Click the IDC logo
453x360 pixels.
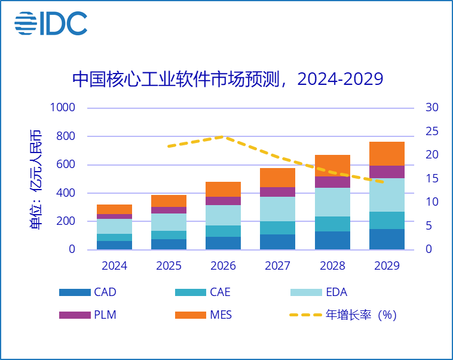pos(51,23)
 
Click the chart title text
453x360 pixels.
pos(227,79)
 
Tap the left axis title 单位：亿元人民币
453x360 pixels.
pos(35,178)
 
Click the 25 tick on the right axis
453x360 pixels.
pos(431,132)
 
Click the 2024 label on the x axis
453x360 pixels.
pos(114,266)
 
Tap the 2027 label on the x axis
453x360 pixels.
pos(277,266)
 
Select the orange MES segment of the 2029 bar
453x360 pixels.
pos(387,154)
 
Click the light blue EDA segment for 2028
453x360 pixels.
pos(332,202)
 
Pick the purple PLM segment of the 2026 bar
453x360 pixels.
pos(224,201)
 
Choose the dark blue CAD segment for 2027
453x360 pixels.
pos(277,242)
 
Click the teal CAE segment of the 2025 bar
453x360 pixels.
pos(169,235)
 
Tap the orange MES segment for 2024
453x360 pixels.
pos(114,209)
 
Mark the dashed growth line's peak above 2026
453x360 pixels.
pos(224,136)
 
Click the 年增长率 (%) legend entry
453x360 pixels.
pos(343,315)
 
